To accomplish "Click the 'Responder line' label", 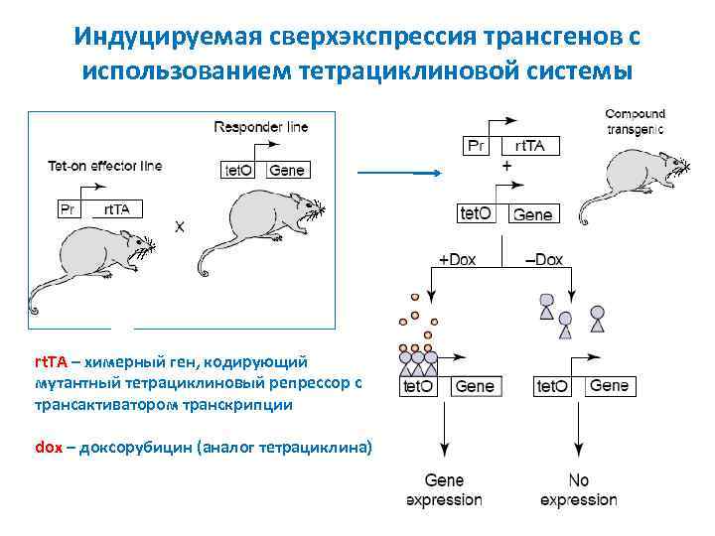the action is coord(261,127).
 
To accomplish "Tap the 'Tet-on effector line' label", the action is coord(104,166).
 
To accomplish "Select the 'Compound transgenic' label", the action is coord(635,121).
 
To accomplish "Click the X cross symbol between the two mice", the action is coord(180,226).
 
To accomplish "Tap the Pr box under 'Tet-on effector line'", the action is coord(68,208).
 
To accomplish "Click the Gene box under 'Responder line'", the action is coord(287,170).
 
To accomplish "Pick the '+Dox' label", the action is coord(457,260).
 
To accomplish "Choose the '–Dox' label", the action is coord(543,260).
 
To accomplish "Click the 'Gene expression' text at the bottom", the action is coord(444,490).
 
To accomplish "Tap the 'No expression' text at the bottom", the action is coord(578,490).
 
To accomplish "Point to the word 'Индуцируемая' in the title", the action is coord(165,38).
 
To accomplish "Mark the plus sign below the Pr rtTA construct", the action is coord(507,168).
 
